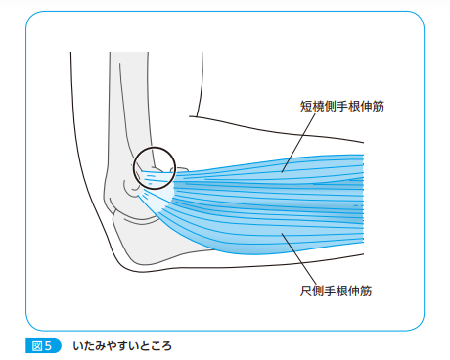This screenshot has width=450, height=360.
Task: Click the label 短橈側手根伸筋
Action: (x=341, y=106)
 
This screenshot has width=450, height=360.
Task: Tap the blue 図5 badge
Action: (x=42, y=345)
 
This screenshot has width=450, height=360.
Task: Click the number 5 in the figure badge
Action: (x=53, y=345)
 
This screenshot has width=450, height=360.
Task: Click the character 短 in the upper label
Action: (x=306, y=106)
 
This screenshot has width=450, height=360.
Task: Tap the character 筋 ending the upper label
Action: (x=377, y=106)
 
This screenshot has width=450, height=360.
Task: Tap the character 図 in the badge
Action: (x=37, y=345)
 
